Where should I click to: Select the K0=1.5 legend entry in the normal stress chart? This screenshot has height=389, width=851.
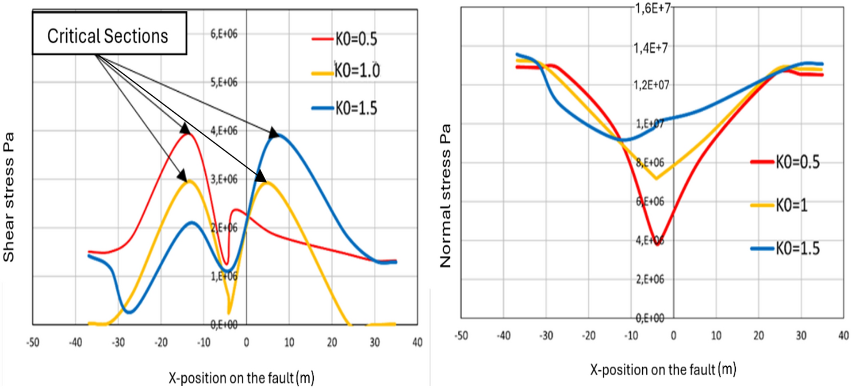[784, 249]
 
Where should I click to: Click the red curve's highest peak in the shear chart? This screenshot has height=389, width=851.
[186, 133]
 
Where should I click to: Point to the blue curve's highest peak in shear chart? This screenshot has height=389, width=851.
[278, 135]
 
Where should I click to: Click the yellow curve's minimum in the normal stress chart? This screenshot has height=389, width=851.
[657, 178]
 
